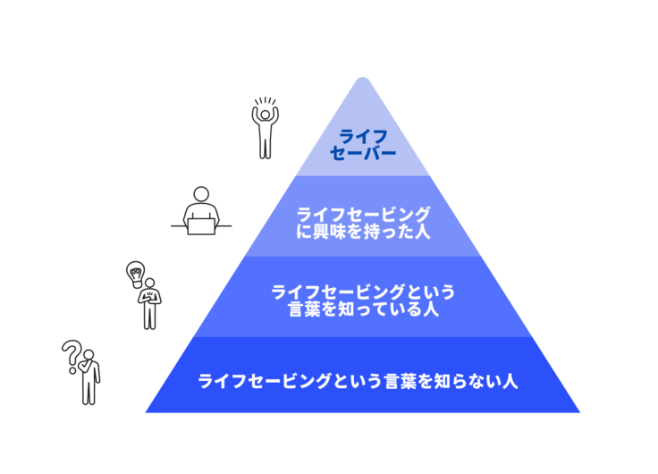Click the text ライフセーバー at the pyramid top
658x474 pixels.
(x=363, y=145)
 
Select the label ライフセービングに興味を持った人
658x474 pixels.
(x=363, y=223)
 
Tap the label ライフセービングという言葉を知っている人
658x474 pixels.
(x=363, y=300)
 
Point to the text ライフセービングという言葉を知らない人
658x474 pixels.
(x=358, y=381)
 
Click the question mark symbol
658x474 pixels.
(x=72, y=356)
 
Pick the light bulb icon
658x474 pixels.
(x=136, y=275)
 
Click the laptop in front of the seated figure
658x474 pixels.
(x=201, y=226)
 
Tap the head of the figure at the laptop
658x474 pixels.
(x=201, y=195)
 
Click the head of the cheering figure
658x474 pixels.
(x=265, y=114)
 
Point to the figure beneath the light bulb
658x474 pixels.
(x=149, y=303)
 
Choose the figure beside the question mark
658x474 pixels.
(x=89, y=377)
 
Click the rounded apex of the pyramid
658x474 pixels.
(x=363, y=79)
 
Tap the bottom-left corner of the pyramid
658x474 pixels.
(x=146, y=412)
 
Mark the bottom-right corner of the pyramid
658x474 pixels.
(x=580, y=412)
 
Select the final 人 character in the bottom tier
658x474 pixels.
(x=510, y=381)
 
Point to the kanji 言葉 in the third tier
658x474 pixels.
(x=305, y=309)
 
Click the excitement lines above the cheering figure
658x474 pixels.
(x=266, y=101)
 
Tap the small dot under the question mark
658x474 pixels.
(x=72, y=371)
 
